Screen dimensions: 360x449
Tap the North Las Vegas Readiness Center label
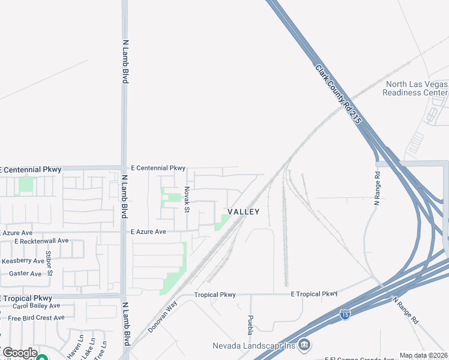pos(415,89)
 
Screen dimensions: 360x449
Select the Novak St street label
pos(187,199)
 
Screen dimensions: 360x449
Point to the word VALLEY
pos(243,212)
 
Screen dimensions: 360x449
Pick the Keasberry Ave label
pos(23,261)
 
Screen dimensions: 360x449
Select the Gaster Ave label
pos(25,274)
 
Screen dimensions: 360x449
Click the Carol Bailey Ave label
pos(38,306)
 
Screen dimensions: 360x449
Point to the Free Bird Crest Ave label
pos(36,317)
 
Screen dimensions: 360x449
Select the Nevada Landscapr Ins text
pos(254,346)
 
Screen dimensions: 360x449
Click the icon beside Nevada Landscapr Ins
pos(304,344)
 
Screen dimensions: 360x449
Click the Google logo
pos(20,353)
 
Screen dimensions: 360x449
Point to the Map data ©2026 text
pos(424,355)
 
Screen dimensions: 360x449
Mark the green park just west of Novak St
pos(173,197)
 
